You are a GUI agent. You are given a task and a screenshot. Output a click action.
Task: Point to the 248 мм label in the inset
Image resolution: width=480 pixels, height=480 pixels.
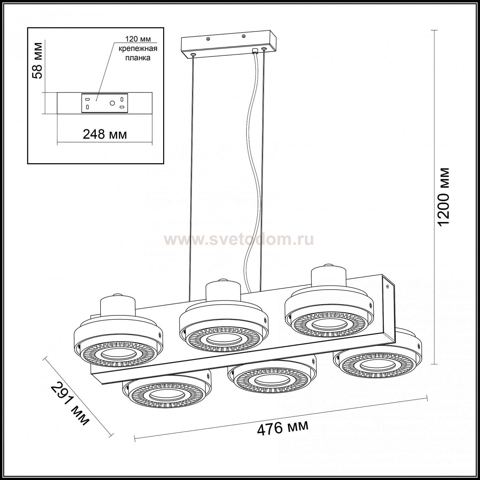click(x=105, y=134)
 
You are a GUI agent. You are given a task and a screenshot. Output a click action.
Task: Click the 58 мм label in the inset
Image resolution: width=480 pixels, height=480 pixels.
click(x=38, y=60)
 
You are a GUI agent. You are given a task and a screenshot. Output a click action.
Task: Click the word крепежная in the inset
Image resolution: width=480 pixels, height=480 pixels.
click(x=138, y=49)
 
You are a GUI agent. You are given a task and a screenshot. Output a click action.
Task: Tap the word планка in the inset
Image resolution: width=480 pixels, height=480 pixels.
click(x=138, y=58)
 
